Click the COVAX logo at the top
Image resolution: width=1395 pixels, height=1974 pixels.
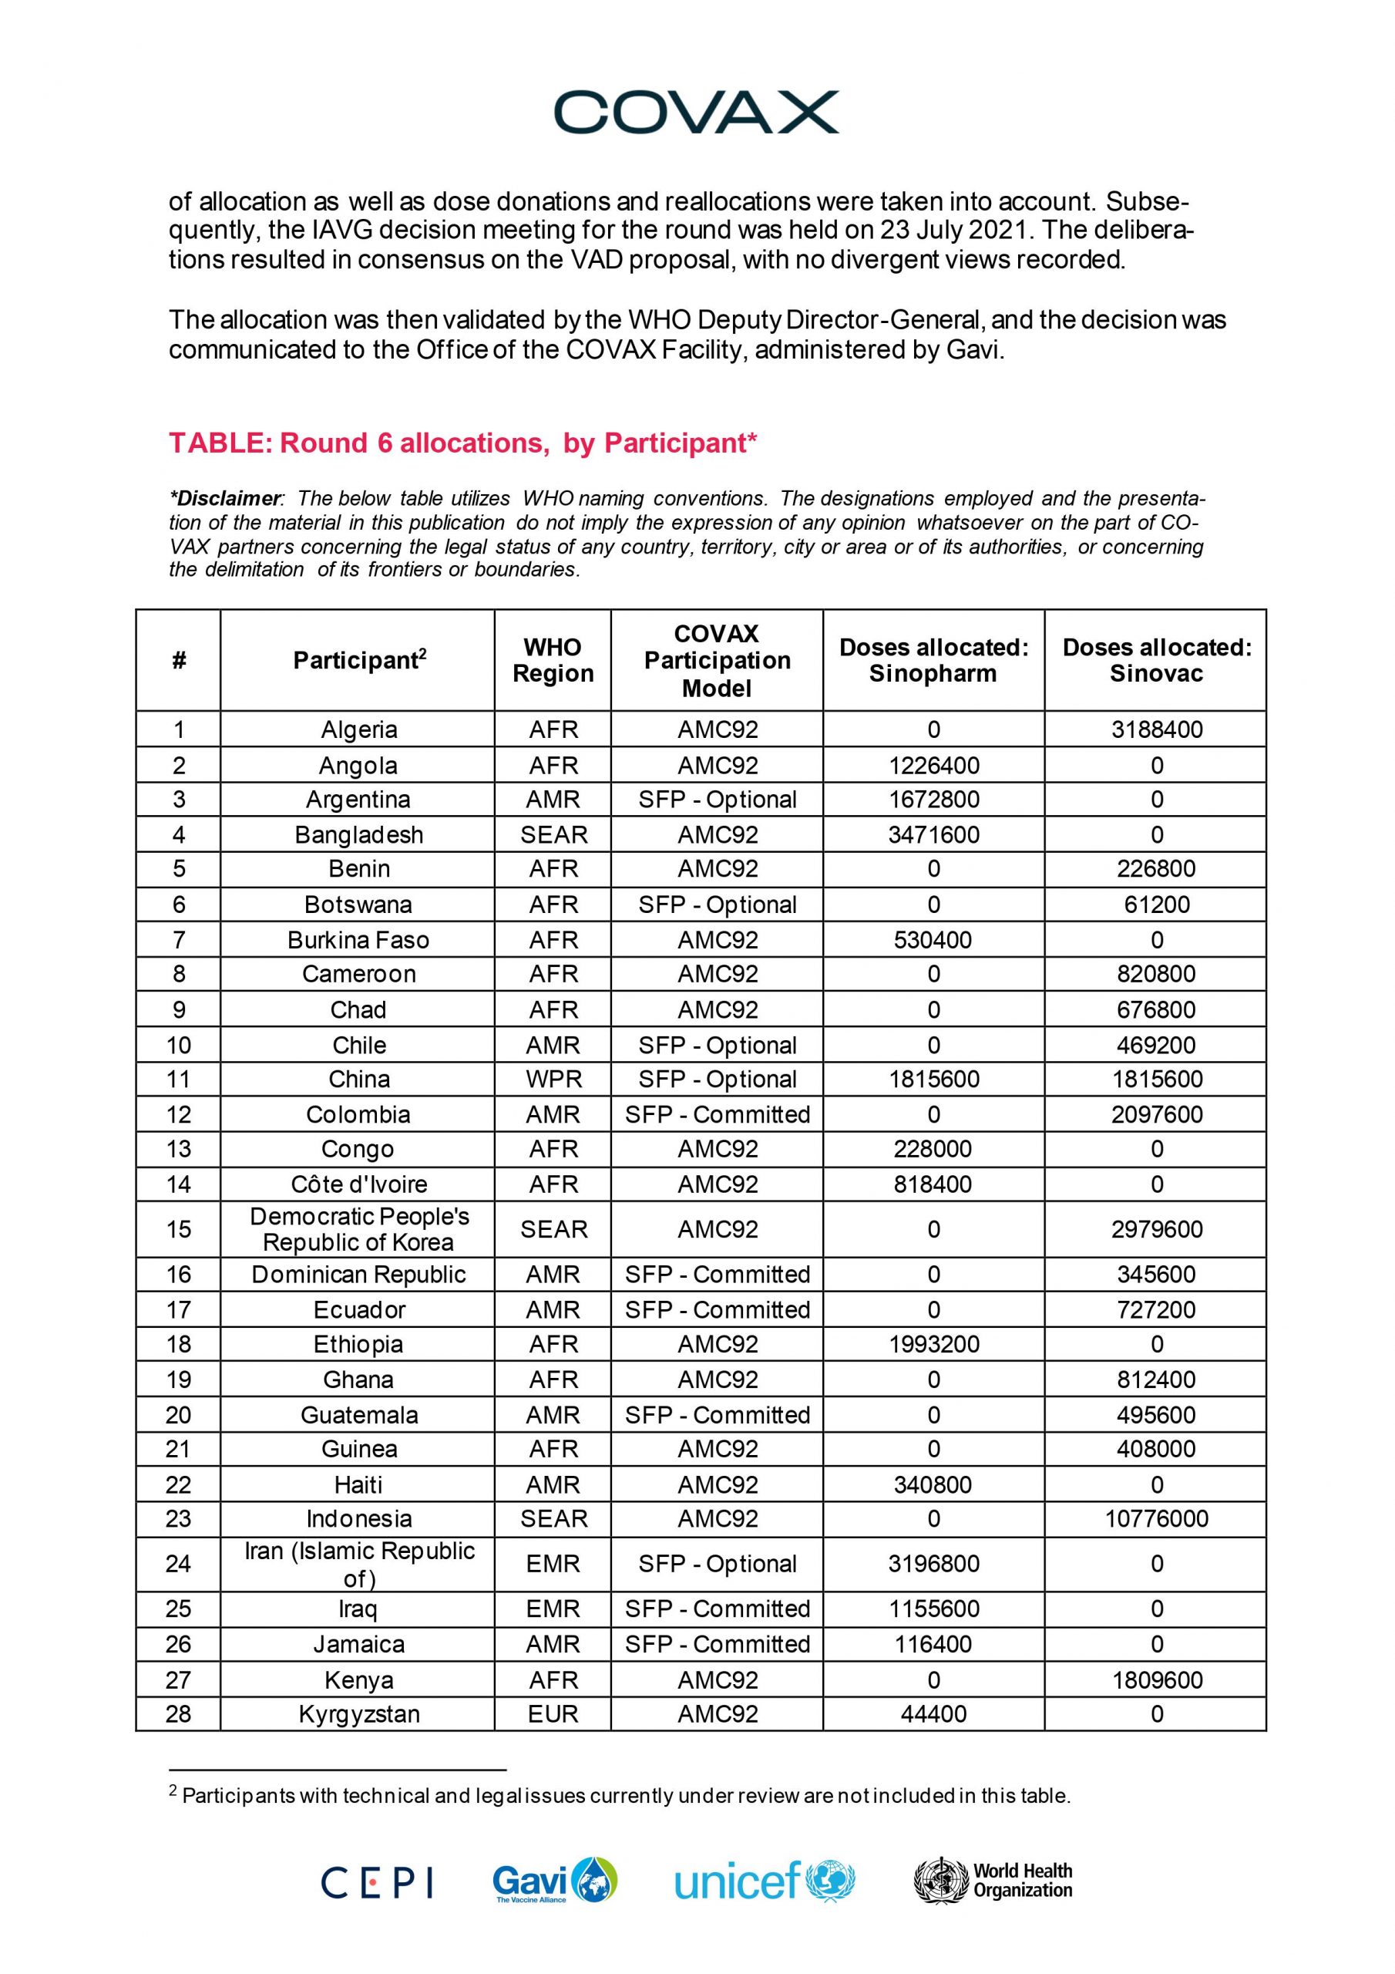[x=696, y=113]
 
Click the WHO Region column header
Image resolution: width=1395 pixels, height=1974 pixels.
[x=553, y=660]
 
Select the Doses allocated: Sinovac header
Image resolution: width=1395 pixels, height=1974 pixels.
[x=1156, y=660]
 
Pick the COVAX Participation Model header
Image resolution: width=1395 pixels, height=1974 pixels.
[x=717, y=660]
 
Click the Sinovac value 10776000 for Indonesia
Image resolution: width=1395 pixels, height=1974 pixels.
[x=1156, y=1518]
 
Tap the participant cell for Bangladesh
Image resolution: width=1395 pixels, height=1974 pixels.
[x=358, y=835]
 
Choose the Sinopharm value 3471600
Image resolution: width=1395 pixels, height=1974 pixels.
[x=933, y=835]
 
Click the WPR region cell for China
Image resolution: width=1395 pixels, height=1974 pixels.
[x=553, y=1079]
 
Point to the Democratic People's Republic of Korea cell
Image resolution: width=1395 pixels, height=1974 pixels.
[x=358, y=1229]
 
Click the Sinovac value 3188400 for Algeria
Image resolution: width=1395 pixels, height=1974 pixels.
[x=1156, y=730]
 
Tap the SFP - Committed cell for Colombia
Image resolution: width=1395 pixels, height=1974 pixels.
[x=717, y=1114]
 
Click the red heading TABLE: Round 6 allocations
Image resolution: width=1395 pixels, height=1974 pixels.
[x=462, y=443]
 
